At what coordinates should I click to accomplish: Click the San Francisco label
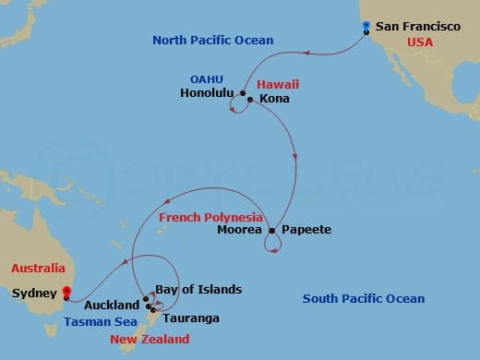(417, 27)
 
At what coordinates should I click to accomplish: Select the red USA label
(419, 42)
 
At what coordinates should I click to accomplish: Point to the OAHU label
(206, 79)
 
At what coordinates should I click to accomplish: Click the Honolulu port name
(208, 93)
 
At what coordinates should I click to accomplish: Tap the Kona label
(275, 98)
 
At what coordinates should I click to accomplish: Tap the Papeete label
(306, 230)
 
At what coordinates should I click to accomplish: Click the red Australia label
(38, 269)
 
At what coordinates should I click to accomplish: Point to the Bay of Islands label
(198, 290)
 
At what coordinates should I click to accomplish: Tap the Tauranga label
(192, 318)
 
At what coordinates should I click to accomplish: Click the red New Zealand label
(150, 340)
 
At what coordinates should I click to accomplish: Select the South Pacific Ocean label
(364, 299)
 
